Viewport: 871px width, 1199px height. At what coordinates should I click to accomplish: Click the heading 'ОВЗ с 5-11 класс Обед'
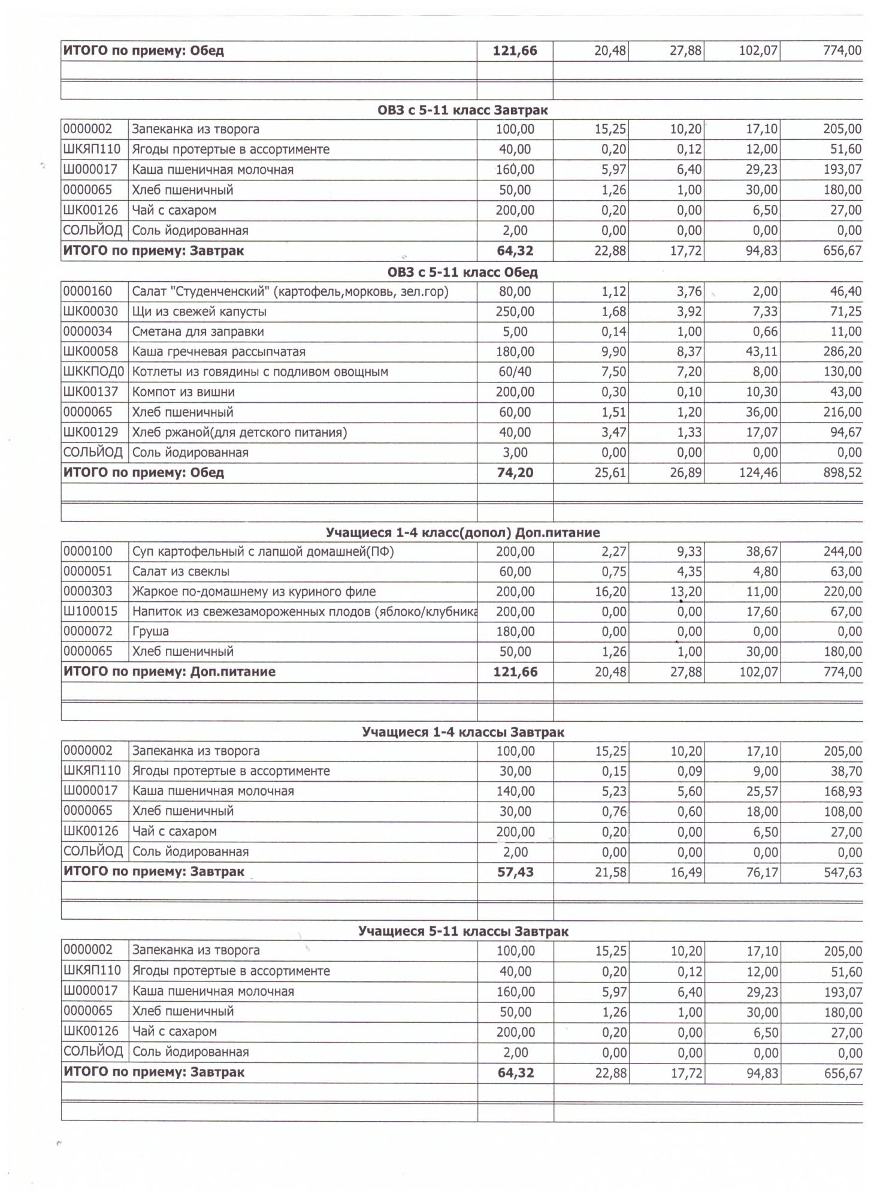462,272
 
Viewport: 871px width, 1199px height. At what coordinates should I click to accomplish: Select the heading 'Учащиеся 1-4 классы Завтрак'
463,732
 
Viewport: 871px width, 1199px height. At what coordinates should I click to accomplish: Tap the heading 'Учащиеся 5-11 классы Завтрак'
463,931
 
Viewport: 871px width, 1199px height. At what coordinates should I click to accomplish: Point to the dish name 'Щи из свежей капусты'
199,312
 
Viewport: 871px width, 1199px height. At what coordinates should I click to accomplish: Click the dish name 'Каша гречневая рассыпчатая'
219,352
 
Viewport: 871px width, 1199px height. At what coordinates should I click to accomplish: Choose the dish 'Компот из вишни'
183,392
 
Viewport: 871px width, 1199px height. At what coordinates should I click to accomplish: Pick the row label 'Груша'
150,631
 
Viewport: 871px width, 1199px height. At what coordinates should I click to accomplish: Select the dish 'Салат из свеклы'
181,571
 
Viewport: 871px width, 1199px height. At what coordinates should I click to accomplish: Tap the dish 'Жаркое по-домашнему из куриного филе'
254,592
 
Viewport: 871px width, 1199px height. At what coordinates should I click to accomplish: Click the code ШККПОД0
94,372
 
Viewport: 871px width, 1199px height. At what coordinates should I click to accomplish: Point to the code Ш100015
92,611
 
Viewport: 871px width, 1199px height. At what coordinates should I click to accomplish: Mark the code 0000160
88,291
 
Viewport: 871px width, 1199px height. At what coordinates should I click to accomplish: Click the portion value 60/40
515,372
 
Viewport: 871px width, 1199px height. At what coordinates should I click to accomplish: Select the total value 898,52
842,472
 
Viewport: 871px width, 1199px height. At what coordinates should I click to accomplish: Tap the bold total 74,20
515,472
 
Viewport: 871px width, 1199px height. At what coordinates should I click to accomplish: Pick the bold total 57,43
515,872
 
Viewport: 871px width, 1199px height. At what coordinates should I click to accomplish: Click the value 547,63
842,872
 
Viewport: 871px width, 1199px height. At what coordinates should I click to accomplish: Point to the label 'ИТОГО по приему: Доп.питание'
170,671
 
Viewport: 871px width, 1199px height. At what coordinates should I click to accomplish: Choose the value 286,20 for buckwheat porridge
842,352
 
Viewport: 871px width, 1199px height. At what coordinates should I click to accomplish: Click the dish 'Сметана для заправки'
198,332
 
